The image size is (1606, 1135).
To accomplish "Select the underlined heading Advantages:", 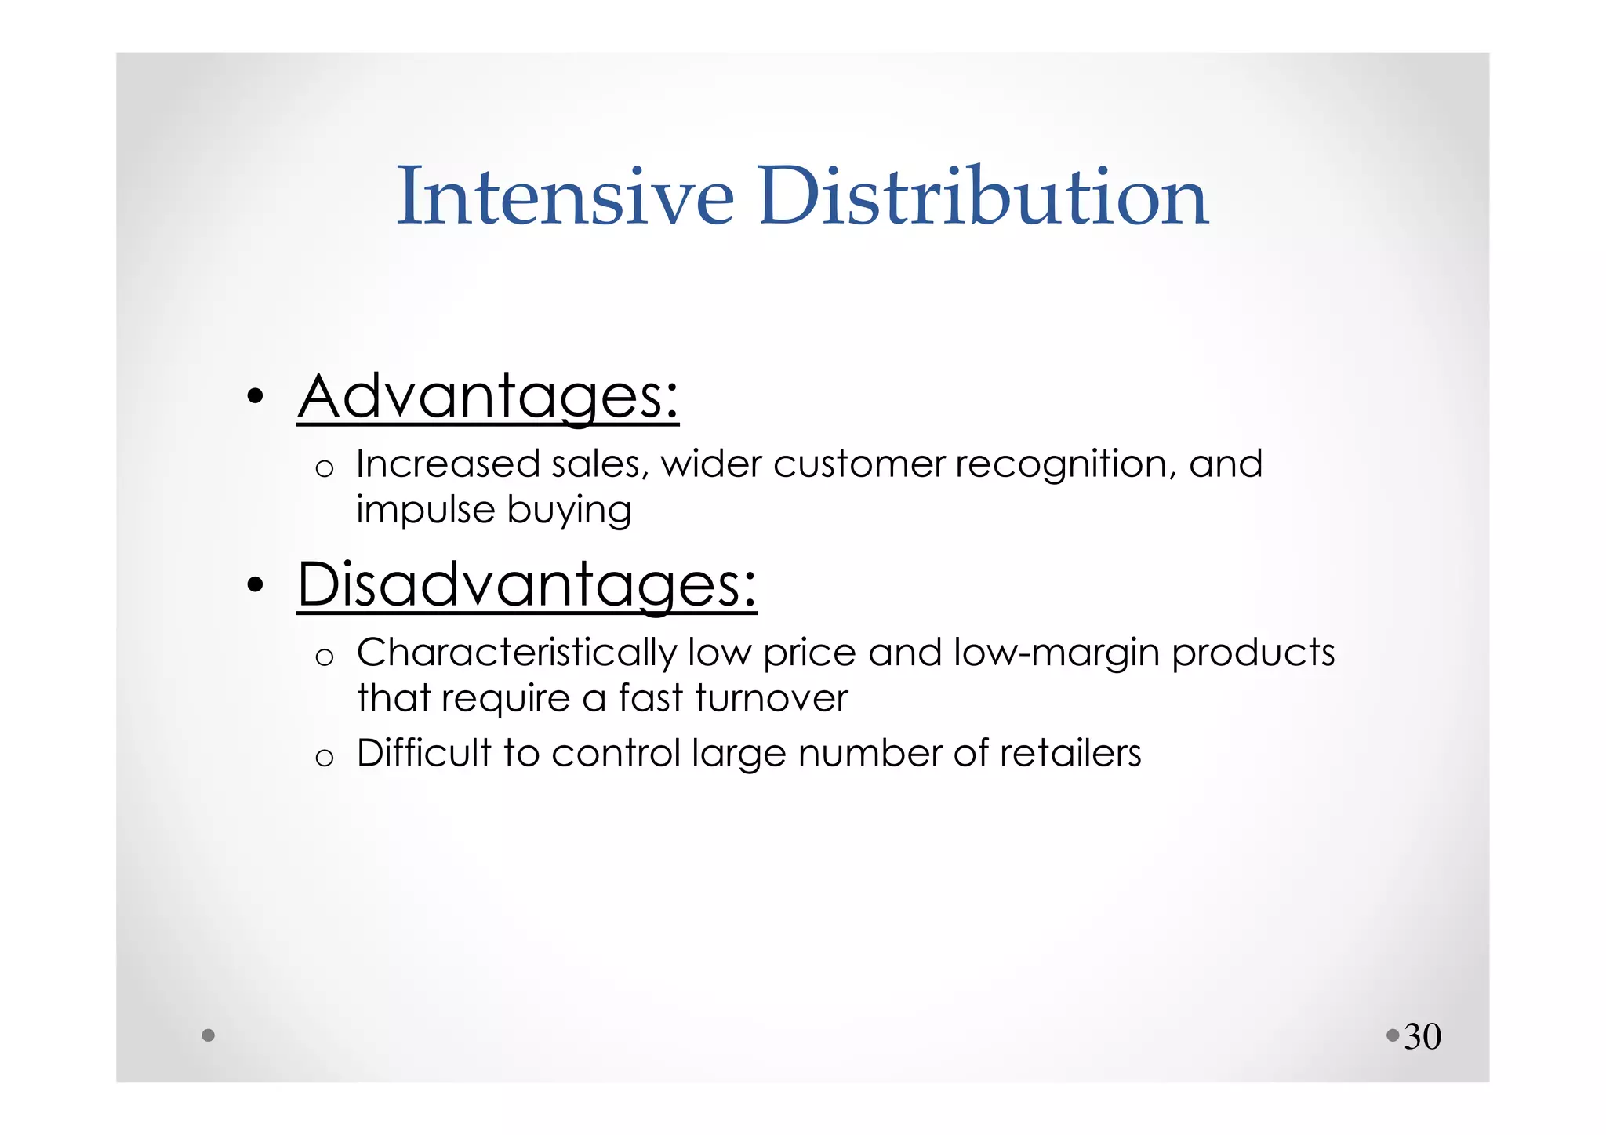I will point(488,397).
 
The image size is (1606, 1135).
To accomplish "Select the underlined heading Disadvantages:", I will point(527,585).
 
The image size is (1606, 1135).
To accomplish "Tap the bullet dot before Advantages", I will point(254,397).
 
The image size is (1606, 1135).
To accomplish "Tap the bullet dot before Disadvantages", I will point(254,585).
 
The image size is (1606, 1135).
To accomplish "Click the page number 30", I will point(1423,1037).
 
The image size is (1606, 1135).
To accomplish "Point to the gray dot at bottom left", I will point(208,1035).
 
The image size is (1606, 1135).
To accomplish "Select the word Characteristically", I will point(517,653).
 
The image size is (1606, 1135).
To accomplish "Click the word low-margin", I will point(1056,653).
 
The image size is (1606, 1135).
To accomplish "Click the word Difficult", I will point(423,753).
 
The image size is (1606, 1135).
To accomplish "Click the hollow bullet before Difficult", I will point(324,758).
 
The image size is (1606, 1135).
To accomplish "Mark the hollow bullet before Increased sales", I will point(324,469).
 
